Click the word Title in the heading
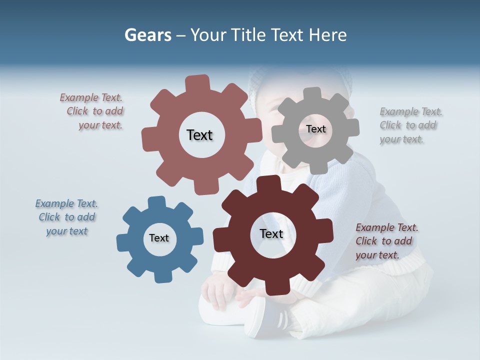(x=248, y=35)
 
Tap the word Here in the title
(x=327, y=35)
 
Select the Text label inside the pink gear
(x=199, y=135)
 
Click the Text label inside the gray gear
(x=315, y=129)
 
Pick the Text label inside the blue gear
(x=159, y=238)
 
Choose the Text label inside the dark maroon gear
(x=271, y=233)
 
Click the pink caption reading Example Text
(x=91, y=97)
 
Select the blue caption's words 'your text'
(x=67, y=231)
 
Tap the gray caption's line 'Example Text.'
(x=411, y=111)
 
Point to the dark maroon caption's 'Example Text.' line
(x=387, y=227)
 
